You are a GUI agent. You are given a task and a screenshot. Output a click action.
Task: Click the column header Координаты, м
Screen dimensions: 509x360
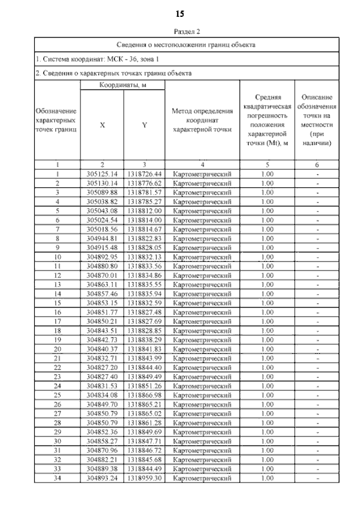click(x=123, y=85)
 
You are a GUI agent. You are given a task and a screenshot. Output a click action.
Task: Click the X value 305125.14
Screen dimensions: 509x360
click(x=102, y=174)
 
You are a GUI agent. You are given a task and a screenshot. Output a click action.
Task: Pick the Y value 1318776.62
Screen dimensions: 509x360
click(x=145, y=183)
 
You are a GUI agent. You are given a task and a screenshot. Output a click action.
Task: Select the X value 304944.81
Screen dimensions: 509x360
click(x=102, y=238)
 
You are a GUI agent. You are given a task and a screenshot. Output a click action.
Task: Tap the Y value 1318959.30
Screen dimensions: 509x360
click(x=145, y=478)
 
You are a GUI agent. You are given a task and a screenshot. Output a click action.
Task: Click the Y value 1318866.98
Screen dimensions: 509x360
click(x=145, y=395)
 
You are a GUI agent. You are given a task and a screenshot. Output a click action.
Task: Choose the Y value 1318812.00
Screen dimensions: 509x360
click(x=145, y=211)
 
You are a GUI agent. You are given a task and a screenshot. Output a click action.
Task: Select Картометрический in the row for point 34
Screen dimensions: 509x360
click(x=202, y=478)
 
